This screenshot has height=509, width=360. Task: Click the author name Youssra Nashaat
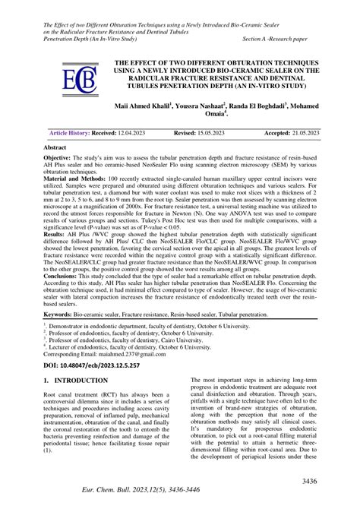211,108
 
